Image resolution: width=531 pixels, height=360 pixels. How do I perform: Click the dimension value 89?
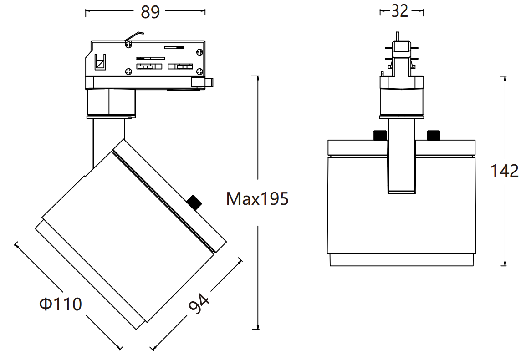click(150, 12)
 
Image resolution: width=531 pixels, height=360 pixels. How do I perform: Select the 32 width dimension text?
click(399, 11)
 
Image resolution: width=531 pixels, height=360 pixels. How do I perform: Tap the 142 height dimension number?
click(505, 171)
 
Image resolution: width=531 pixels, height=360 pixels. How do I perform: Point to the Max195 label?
click(257, 198)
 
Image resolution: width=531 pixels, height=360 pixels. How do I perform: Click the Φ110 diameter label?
click(61, 304)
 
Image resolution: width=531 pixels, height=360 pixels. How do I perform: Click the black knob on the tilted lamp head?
click(194, 202)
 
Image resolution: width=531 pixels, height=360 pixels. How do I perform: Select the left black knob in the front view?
click(380, 135)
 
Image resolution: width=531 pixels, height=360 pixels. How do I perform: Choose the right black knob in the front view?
click(434, 135)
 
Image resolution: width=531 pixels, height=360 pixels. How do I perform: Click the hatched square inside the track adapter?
click(100, 63)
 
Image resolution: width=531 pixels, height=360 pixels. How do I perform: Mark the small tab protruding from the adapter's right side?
click(209, 83)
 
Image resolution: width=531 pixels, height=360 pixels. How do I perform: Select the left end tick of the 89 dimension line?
click(86, 13)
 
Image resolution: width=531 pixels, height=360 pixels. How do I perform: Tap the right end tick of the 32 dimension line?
click(423, 12)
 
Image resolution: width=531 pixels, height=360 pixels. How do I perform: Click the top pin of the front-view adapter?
click(398, 36)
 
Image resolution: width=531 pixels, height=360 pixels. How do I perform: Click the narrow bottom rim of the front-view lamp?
click(401, 259)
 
